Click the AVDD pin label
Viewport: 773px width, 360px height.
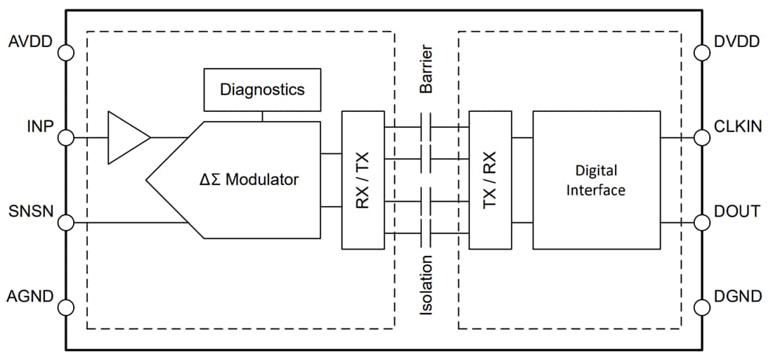(30, 41)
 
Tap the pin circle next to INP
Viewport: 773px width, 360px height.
(66, 137)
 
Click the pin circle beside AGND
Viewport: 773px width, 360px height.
(66, 307)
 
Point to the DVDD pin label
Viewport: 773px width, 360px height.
(736, 41)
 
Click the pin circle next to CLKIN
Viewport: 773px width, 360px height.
(701, 137)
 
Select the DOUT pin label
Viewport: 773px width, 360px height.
(736, 211)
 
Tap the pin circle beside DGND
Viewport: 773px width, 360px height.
(701, 307)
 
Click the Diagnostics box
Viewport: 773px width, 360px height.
(262, 89)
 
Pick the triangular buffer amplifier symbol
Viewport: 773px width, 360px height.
(126, 137)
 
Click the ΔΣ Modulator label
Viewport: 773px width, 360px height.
(248, 179)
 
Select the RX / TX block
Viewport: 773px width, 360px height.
(363, 179)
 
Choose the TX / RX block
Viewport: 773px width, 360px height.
(490, 179)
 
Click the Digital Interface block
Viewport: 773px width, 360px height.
(596, 179)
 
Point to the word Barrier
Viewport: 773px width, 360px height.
(426, 70)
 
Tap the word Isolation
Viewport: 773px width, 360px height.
(426, 285)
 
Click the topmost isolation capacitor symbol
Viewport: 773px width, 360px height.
(426, 127)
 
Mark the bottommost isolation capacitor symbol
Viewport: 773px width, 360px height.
(426, 233)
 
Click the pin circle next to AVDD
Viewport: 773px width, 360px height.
(66, 53)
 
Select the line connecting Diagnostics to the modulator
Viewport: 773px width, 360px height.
(262, 116)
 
